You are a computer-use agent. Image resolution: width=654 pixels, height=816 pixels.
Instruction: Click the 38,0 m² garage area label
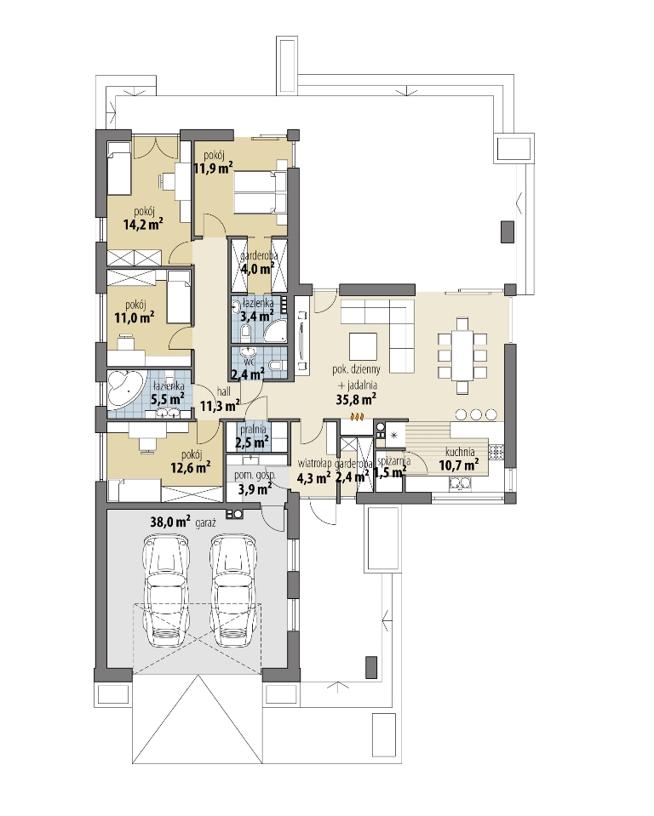[x=170, y=522]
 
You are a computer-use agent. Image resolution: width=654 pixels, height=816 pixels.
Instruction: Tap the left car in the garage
[x=166, y=591]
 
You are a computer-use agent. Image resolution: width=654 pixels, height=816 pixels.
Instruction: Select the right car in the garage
[x=233, y=591]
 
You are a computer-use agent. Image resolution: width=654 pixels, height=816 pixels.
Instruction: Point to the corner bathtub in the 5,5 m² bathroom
[x=125, y=389]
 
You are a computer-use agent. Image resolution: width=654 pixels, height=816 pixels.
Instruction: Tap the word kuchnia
[x=460, y=452]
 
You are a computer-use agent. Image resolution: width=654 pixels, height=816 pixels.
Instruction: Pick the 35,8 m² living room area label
[x=357, y=399]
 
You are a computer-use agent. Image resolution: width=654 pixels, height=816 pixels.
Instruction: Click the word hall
[x=223, y=391]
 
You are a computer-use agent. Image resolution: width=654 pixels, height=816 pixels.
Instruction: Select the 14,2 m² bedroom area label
[x=143, y=224]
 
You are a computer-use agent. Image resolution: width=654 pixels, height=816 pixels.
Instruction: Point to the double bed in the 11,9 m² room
[x=261, y=192]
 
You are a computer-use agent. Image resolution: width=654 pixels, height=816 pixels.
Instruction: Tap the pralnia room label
[x=253, y=430]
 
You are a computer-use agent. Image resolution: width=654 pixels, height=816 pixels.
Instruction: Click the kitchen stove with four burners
[x=496, y=451]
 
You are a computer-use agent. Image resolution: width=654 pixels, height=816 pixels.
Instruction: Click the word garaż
[x=206, y=523]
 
